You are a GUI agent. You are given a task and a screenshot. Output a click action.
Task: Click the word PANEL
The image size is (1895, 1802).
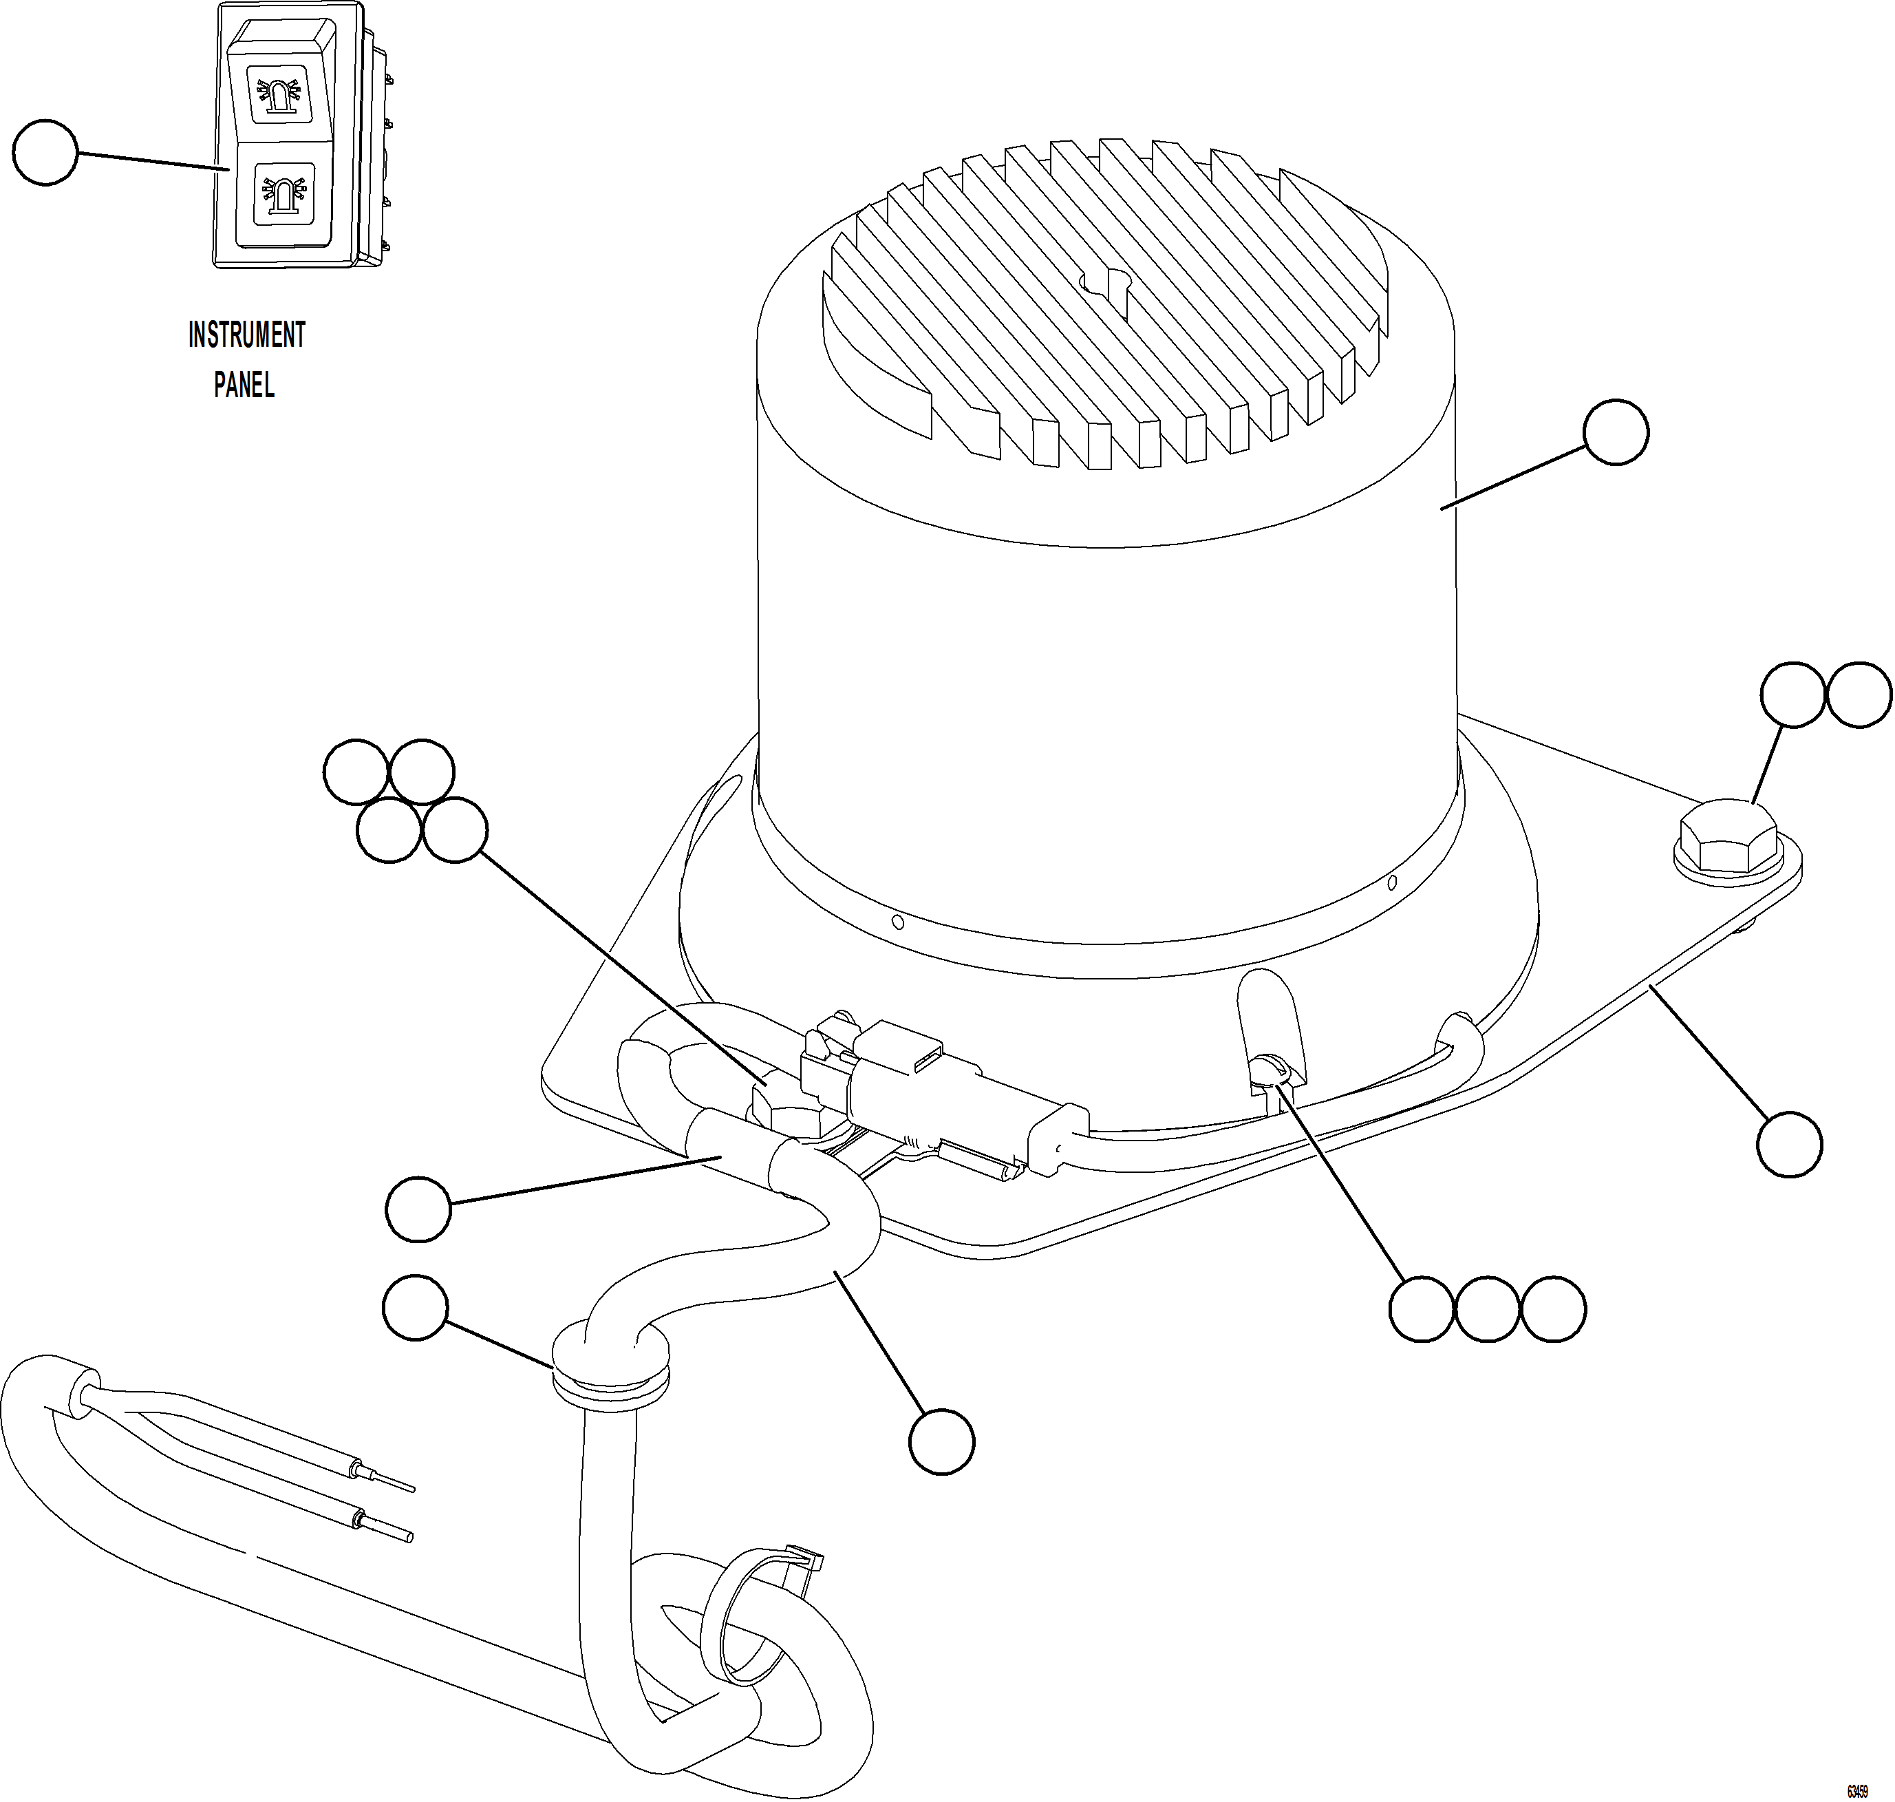[x=244, y=385]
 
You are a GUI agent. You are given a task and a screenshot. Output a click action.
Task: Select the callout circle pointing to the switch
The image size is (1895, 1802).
[x=45, y=151]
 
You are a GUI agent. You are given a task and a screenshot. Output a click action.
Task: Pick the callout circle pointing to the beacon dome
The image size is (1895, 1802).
[x=1616, y=432]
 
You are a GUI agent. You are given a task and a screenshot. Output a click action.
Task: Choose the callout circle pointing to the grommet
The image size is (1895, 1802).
[x=415, y=1307]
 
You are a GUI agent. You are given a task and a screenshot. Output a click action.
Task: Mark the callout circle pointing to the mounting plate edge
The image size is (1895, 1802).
[x=1789, y=1143]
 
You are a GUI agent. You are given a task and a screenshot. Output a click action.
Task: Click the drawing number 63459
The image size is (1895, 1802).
[x=1856, y=1792]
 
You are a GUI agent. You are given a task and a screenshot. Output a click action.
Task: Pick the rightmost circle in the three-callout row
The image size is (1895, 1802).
[x=1554, y=1308]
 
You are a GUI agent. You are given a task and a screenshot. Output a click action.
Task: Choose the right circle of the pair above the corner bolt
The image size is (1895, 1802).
[x=1859, y=695]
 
